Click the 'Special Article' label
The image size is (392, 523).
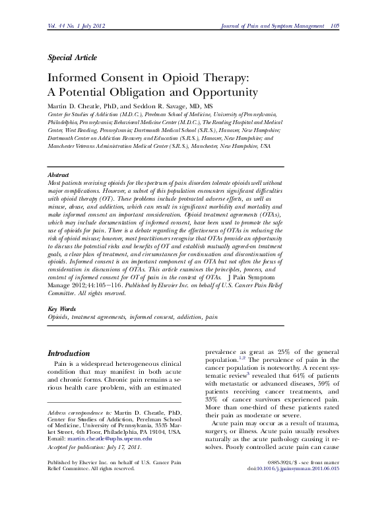72,57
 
